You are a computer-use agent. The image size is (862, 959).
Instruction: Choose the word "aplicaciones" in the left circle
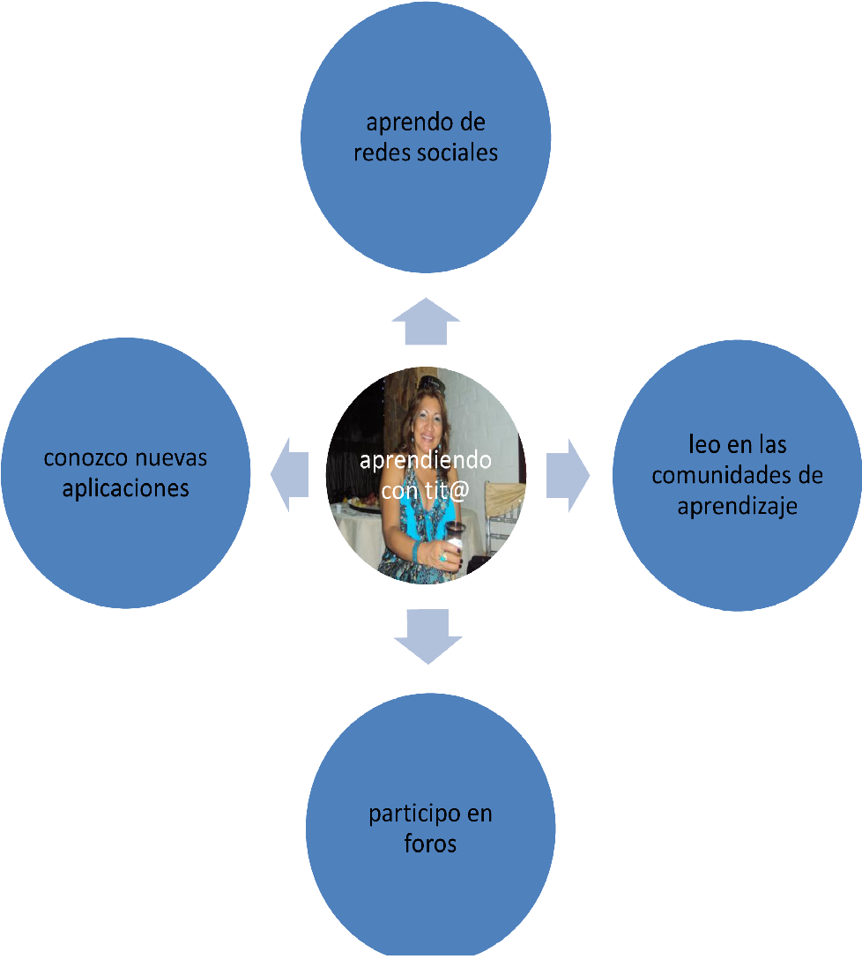point(126,488)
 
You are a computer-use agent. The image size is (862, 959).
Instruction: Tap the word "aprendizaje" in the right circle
point(737,506)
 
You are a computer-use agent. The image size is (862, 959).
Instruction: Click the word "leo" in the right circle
point(703,446)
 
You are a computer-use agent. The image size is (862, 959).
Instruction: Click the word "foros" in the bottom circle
point(430,844)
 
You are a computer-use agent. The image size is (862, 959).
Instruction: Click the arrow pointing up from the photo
point(426,321)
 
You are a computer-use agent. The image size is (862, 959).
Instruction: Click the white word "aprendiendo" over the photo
point(426,460)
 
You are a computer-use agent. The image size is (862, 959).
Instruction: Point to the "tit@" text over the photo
point(443,488)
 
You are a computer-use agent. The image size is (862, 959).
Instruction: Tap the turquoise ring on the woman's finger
point(442,557)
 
